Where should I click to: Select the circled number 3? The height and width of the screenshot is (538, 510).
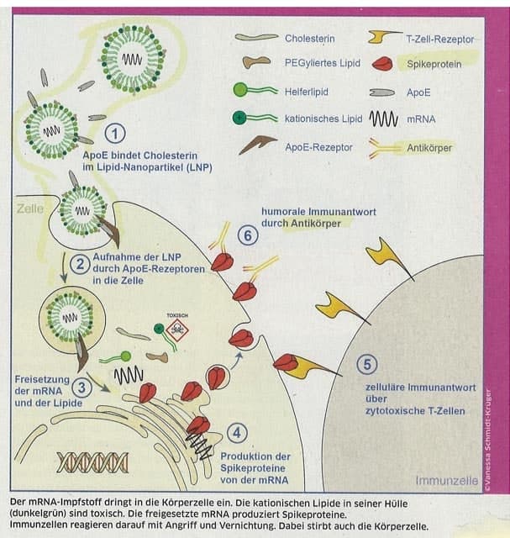(81, 388)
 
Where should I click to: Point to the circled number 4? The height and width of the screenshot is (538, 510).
(238, 433)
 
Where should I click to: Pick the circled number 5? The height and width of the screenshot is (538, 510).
(364, 364)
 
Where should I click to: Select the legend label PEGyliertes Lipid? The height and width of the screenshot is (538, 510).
(323, 64)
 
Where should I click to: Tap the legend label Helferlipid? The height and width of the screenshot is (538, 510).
(308, 91)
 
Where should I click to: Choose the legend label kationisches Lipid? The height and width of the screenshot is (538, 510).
(324, 119)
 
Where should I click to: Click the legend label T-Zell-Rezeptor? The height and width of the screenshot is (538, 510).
(439, 39)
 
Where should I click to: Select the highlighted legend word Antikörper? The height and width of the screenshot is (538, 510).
(429, 147)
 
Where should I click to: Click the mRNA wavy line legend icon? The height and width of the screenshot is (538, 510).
(383, 119)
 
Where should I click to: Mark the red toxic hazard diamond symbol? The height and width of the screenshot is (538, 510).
(177, 331)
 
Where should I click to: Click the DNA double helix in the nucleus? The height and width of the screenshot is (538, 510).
(92, 462)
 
